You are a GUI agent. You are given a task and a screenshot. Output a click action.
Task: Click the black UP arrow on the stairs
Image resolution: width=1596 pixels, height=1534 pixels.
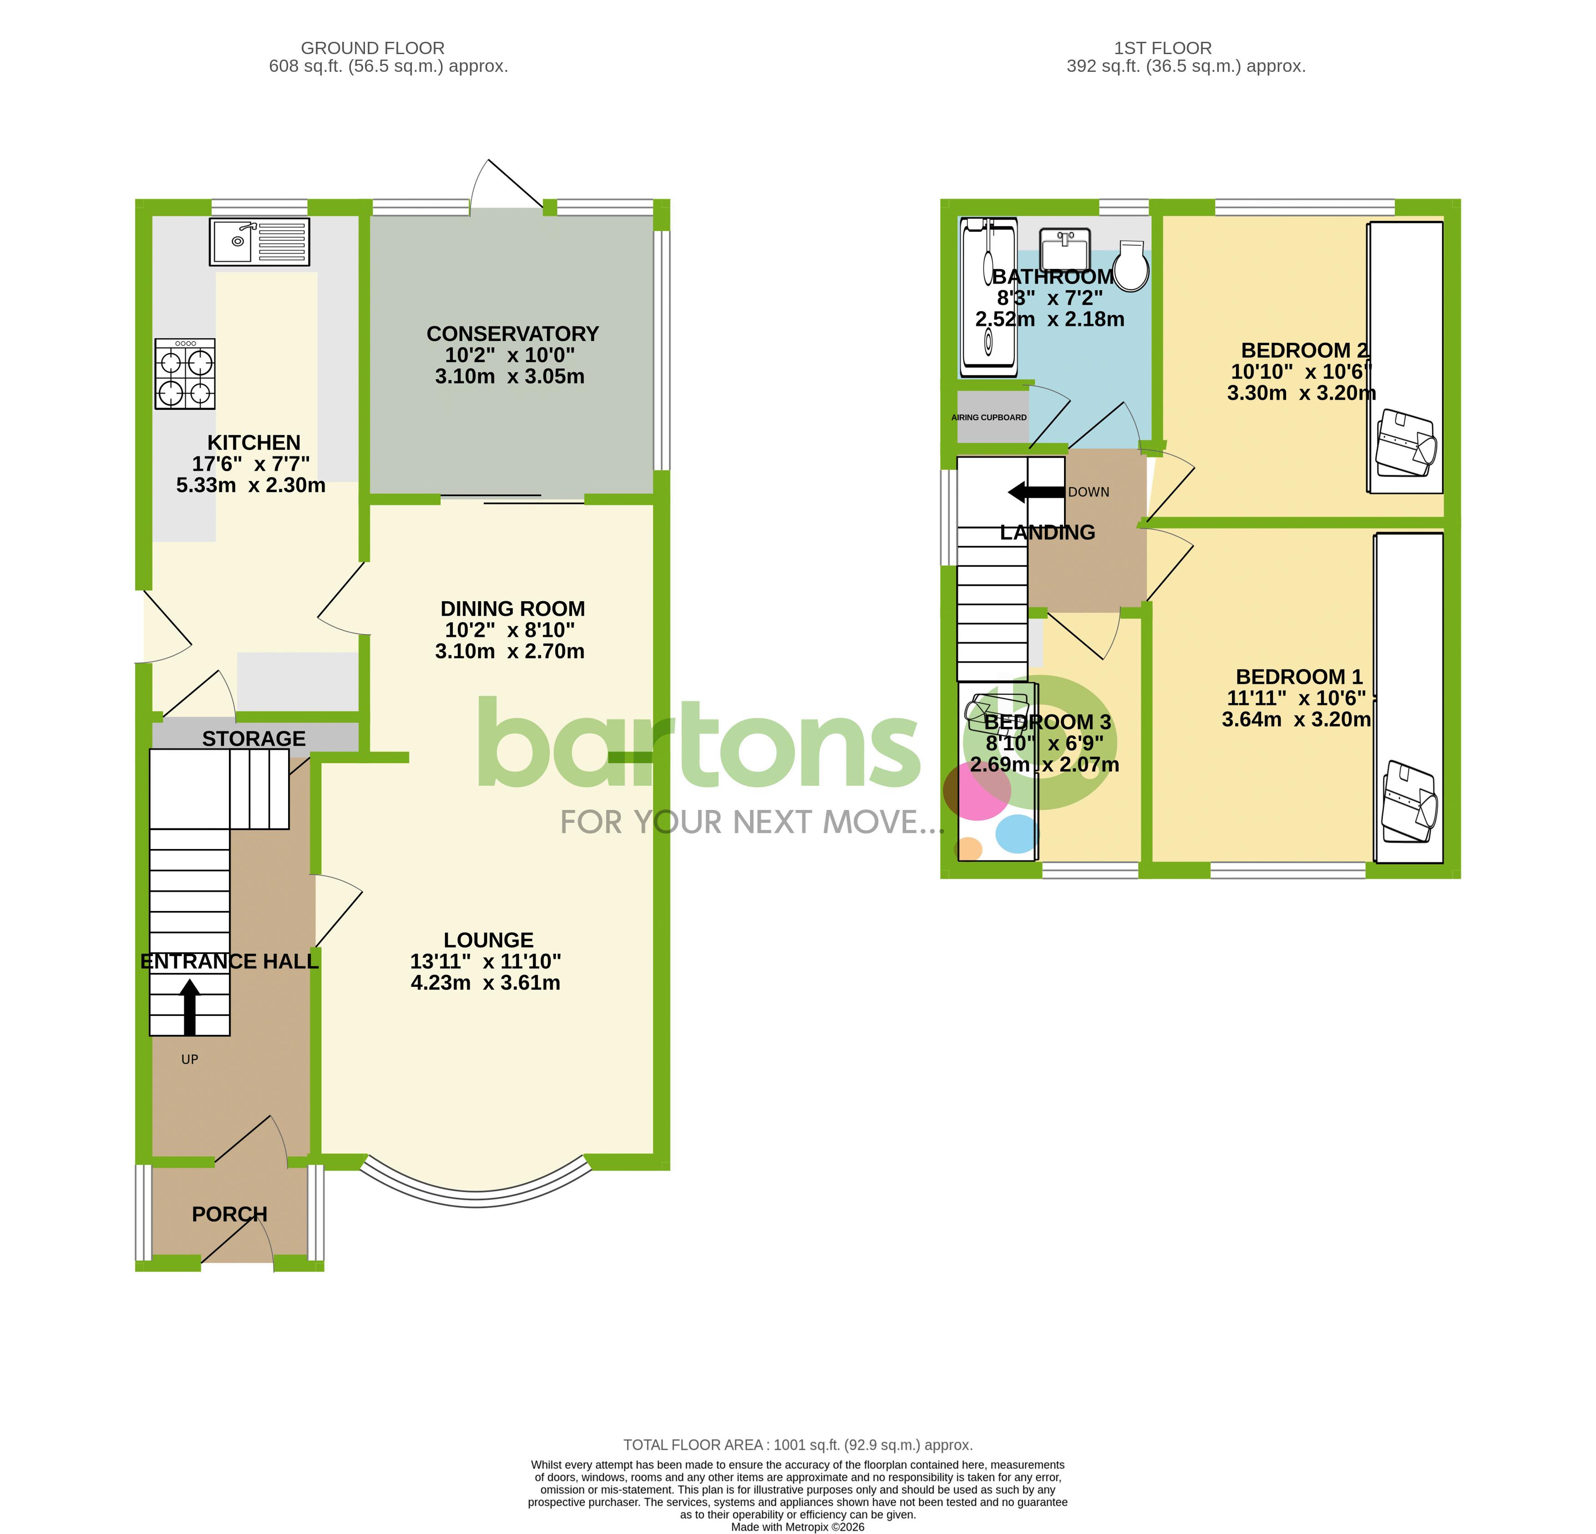tap(190, 1006)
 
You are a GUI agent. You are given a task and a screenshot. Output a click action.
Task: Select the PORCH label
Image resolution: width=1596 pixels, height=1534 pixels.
tap(230, 1214)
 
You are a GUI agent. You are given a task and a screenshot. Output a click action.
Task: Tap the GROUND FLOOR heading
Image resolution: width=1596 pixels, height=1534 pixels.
tap(372, 48)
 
